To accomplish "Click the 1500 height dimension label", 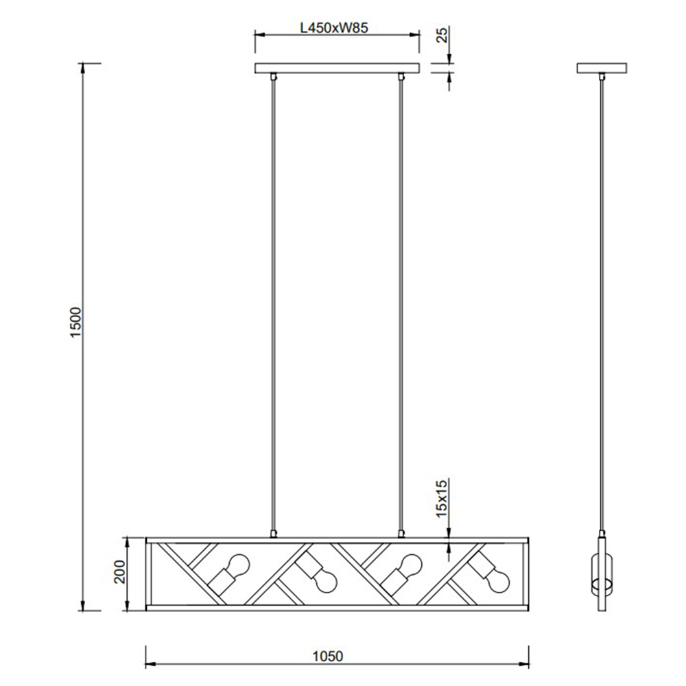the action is [x=76, y=322].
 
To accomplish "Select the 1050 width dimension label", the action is [x=328, y=657].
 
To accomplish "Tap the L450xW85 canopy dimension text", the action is [x=334, y=27].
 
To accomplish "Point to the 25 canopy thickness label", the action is [x=442, y=34].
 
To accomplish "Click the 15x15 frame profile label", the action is [x=442, y=498].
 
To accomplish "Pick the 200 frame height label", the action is [x=119, y=572].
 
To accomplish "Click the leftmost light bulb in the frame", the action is [x=239, y=565].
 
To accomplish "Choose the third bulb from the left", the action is [x=411, y=565].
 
